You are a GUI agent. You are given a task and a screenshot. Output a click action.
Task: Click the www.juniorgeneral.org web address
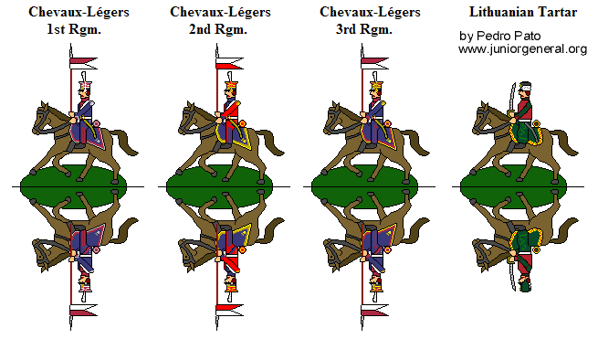tap(522, 48)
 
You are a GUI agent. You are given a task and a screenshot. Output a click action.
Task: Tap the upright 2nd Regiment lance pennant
tap(228, 63)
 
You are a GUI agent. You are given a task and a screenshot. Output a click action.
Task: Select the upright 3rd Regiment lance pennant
tap(373, 63)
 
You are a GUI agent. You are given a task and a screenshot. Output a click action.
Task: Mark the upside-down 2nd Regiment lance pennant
tap(228, 309)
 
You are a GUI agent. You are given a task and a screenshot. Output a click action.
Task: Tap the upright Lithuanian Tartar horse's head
tap(481, 114)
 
